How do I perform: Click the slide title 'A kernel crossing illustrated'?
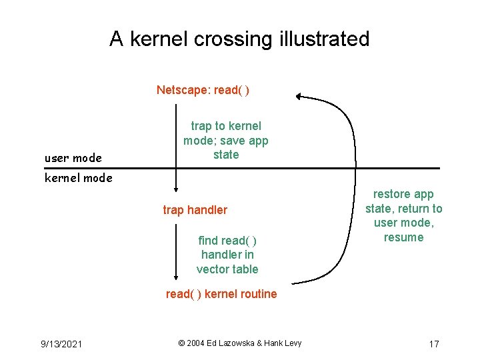pos(239,39)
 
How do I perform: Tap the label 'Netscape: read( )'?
pos(203,90)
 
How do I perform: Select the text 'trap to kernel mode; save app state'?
pos(225,140)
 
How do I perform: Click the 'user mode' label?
pos(73,158)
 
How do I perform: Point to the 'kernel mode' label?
pos(78,178)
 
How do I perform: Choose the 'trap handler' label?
pos(195,210)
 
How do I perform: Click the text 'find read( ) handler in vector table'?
pos(227,255)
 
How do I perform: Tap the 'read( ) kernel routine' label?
pos(221,294)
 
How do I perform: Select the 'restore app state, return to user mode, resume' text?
pos(403,215)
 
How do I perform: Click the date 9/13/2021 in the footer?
pos(61,344)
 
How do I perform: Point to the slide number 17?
pos(433,344)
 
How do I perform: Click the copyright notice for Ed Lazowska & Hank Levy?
pos(240,343)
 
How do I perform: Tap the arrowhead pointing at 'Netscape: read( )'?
pos(299,96)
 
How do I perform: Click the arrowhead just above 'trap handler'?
pos(176,189)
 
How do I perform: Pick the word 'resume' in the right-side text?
pos(403,237)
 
